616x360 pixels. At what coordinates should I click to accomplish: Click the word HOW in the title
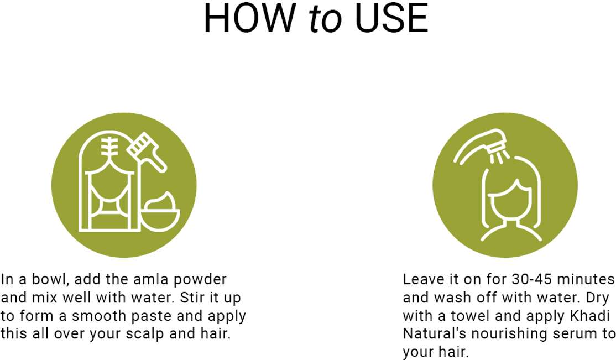(x=250, y=18)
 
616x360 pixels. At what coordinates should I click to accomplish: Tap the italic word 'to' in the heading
(x=325, y=19)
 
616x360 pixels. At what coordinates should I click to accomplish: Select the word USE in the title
(x=391, y=18)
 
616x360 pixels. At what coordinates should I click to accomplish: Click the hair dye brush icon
(x=147, y=152)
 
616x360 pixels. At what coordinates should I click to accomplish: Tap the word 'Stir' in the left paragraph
(x=190, y=298)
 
